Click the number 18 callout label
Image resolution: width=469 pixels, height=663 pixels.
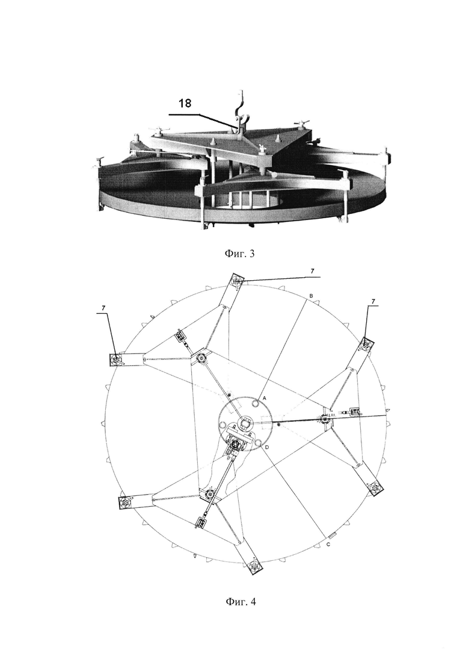click(185, 103)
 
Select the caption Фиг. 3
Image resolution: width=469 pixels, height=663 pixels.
click(239, 254)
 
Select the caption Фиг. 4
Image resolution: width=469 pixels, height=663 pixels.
click(240, 602)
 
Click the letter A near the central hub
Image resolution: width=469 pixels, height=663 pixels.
click(264, 399)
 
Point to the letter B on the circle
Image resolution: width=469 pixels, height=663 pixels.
click(311, 296)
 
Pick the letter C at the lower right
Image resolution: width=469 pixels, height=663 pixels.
click(328, 545)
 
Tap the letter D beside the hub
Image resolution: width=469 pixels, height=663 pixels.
click(268, 447)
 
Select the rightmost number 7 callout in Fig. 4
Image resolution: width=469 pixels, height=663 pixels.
click(373, 301)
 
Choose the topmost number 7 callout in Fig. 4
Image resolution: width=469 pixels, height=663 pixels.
click(312, 272)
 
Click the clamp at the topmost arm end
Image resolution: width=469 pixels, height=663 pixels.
click(238, 280)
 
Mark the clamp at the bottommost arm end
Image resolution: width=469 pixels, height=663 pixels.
click(254, 566)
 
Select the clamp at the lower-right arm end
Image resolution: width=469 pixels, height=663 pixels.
click(375, 488)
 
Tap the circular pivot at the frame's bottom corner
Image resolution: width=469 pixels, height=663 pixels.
click(210, 494)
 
